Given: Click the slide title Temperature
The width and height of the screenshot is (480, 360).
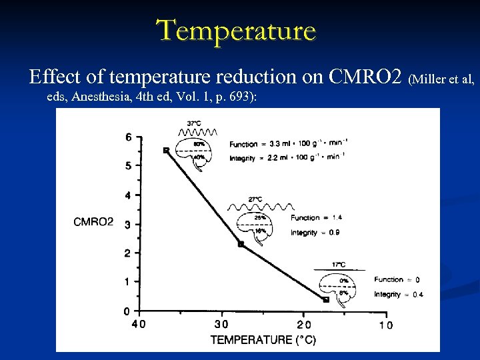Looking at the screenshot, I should click(x=236, y=31).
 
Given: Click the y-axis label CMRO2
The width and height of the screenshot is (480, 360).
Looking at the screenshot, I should click(x=93, y=222).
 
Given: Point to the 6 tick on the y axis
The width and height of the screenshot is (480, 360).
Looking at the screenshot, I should click(x=129, y=137).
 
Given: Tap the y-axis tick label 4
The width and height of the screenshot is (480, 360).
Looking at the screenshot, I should click(x=129, y=195).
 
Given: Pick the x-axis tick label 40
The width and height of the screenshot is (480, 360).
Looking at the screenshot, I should click(x=138, y=325).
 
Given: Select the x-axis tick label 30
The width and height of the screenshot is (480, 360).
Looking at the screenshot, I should click(x=221, y=325).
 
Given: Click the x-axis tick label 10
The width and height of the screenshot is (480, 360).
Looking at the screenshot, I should click(x=385, y=325).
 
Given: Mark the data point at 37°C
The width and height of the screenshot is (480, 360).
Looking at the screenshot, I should click(x=166, y=151).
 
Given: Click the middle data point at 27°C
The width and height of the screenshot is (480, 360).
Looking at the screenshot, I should click(x=241, y=244).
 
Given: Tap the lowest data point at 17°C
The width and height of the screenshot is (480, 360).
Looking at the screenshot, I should click(x=326, y=300).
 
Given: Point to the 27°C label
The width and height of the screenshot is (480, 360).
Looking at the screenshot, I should click(x=255, y=199).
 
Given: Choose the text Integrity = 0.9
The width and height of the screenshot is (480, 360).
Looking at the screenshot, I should click(x=315, y=233).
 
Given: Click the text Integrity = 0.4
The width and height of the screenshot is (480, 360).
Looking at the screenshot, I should click(x=399, y=295).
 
